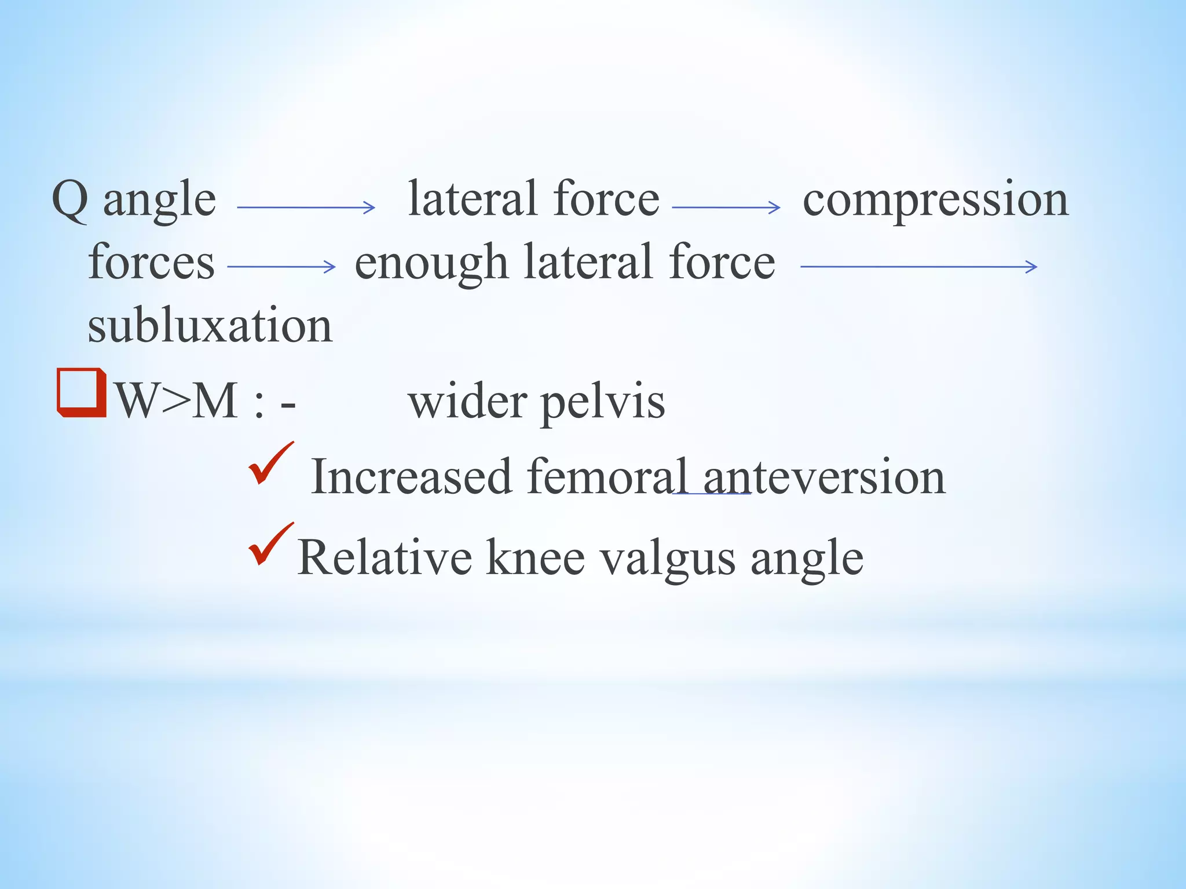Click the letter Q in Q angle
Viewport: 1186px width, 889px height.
tap(70, 200)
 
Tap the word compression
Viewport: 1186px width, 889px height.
tap(935, 200)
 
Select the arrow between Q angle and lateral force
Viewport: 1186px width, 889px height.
tap(306, 207)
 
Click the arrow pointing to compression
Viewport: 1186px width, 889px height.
tap(726, 207)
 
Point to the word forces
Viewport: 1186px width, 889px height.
tap(151, 262)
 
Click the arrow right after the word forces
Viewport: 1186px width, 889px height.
tap(281, 267)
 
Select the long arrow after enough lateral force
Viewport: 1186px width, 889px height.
tap(918, 267)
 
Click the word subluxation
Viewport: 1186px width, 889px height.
tap(210, 325)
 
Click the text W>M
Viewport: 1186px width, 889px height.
tap(177, 401)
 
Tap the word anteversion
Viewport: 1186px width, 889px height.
tap(824, 477)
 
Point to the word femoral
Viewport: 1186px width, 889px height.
tap(607, 477)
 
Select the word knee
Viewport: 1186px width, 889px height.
tap(535, 558)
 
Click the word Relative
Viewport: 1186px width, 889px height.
tap(385, 558)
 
